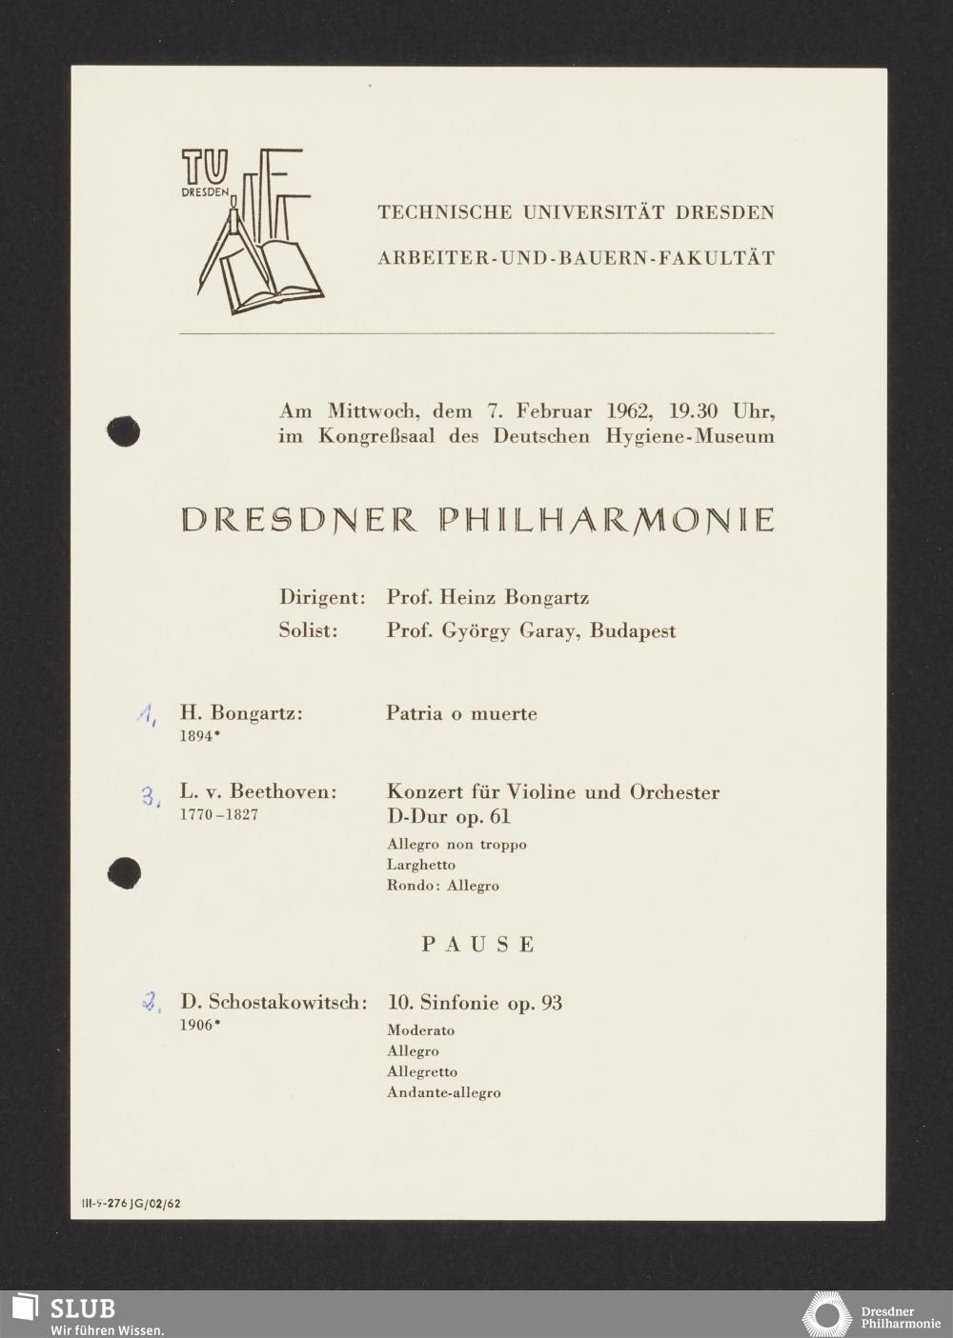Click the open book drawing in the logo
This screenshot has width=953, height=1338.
(273, 276)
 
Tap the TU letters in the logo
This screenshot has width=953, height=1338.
(205, 168)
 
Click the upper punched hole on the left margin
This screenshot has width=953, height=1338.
(124, 431)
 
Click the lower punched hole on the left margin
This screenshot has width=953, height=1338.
(124, 872)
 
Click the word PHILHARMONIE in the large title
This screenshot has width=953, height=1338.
(606, 520)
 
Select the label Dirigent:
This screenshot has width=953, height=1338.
(322, 598)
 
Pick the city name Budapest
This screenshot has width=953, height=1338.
(633, 630)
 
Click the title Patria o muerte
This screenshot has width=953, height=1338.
(461, 713)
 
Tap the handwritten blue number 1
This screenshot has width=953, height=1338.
(146, 714)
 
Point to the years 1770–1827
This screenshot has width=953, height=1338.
(218, 815)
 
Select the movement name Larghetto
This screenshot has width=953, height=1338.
(421, 865)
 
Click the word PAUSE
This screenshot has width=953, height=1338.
(478, 945)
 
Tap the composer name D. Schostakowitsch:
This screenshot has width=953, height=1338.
(274, 1002)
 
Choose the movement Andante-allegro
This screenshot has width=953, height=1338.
(443, 1092)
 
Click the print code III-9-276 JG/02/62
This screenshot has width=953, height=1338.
(132, 1203)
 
